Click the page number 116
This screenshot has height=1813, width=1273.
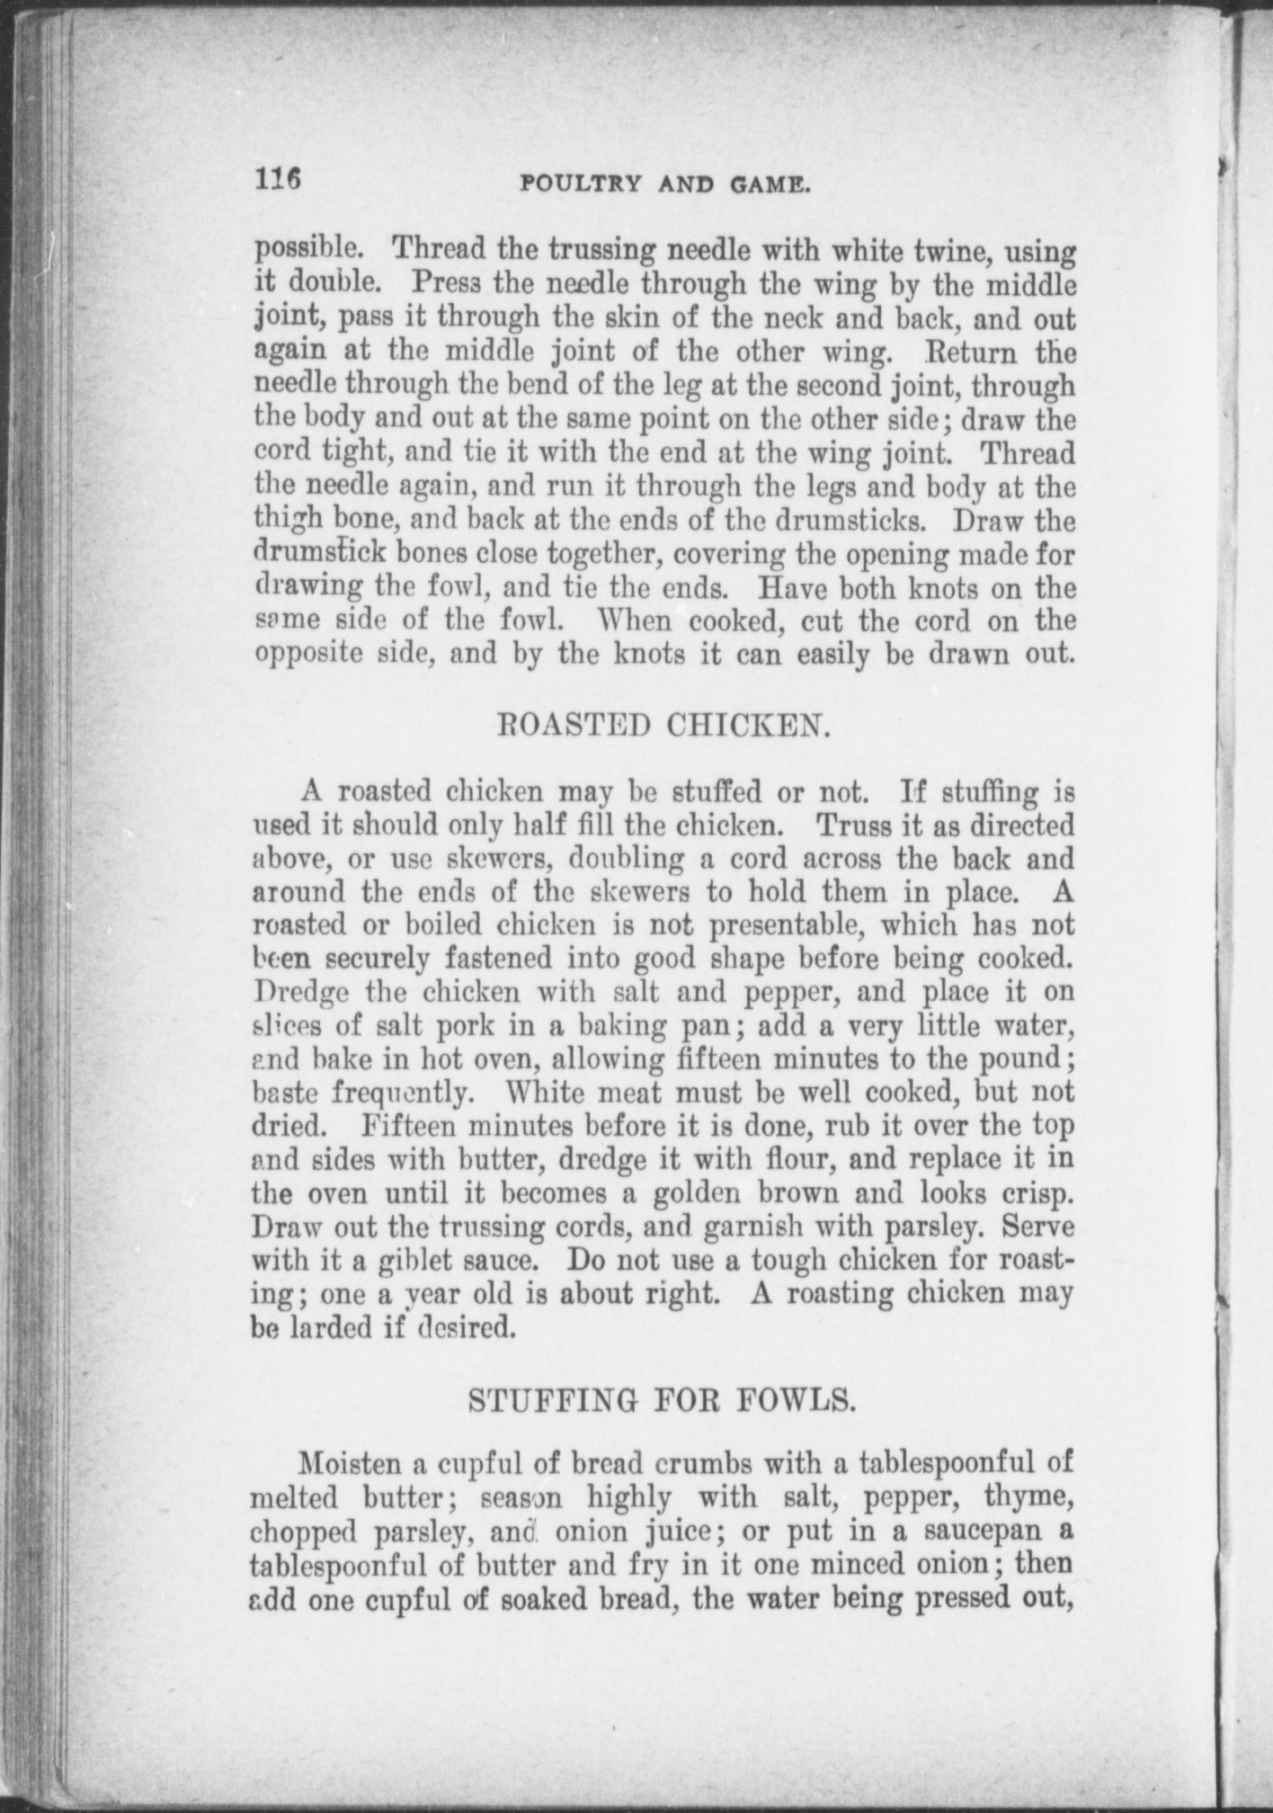click(279, 178)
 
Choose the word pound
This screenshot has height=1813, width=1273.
click(1019, 1058)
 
